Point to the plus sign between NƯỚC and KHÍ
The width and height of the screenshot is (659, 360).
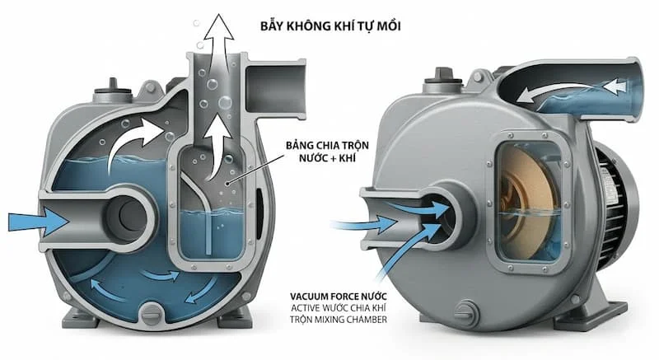tap(322, 161)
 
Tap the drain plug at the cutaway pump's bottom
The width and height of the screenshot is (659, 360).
tap(152, 311)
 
